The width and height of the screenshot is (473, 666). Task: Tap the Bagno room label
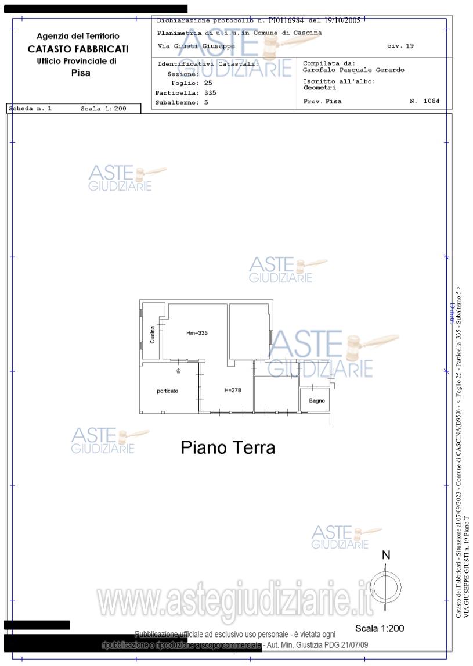click(317, 401)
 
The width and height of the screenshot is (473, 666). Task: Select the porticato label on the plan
click(167, 391)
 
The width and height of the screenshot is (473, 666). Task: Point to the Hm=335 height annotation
click(197, 333)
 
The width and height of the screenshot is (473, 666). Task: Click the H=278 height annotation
click(232, 390)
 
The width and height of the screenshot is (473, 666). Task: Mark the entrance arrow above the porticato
click(178, 370)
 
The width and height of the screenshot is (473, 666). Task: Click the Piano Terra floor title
click(228, 448)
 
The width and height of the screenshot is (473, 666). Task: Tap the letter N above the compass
click(386, 556)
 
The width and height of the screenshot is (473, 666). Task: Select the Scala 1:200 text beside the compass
click(380, 628)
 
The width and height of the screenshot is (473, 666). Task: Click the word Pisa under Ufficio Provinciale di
click(81, 73)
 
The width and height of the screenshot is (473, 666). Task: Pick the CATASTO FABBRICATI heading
click(78, 49)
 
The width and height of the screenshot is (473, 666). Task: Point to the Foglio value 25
click(192, 83)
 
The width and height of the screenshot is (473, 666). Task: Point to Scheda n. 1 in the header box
click(31, 109)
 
